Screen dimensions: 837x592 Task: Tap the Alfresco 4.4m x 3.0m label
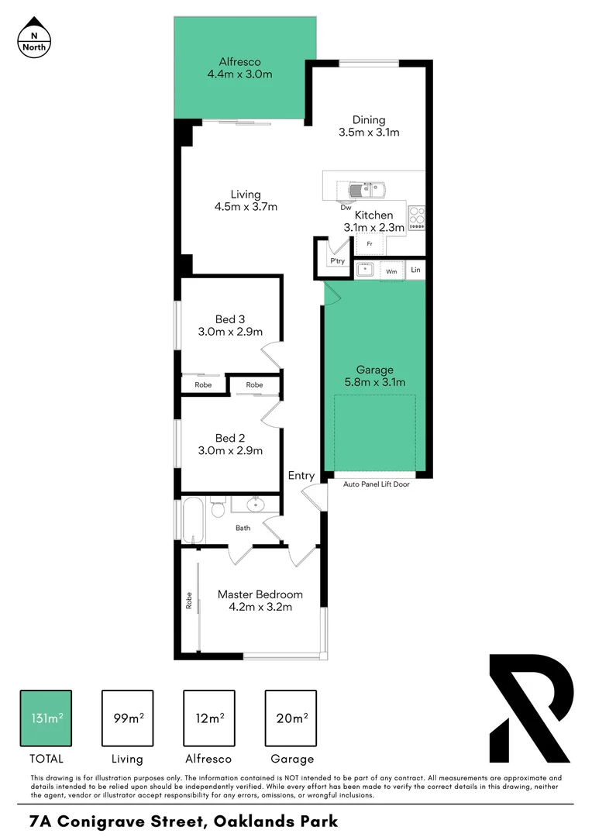click(239, 68)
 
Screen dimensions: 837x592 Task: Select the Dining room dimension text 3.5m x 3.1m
click(369, 132)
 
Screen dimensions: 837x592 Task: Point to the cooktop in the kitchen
click(417, 217)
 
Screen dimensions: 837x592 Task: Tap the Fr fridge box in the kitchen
click(370, 243)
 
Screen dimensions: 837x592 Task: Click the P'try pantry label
click(337, 261)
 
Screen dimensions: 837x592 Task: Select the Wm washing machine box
click(391, 271)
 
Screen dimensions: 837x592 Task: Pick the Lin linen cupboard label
click(415, 270)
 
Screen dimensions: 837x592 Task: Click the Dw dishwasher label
click(345, 207)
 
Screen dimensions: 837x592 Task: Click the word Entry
click(301, 476)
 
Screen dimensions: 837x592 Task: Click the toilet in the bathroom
click(217, 509)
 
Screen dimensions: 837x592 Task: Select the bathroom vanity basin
click(255, 505)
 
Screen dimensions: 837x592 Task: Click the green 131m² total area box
click(46, 718)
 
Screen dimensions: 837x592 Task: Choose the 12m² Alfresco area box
click(208, 718)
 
